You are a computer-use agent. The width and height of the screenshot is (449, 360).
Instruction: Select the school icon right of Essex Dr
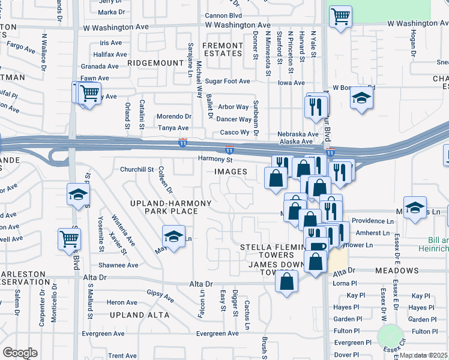click(415, 208)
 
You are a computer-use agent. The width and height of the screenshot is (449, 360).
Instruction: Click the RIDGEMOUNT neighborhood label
click(155, 62)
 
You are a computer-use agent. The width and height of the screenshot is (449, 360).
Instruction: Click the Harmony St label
click(215, 160)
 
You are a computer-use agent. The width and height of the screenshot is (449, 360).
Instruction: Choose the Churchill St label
click(137, 169)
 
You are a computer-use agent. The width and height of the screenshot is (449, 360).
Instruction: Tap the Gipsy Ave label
click(160, 296)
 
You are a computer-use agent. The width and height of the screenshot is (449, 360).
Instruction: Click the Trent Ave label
click(122, 356)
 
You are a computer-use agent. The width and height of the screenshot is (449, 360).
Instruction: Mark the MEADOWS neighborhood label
click(397, 271)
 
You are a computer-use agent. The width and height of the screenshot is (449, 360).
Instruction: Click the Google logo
click(20, 353)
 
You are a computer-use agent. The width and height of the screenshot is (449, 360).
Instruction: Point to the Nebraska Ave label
click(297, 134)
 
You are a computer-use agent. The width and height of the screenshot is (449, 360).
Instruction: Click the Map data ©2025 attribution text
click(423, 355)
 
